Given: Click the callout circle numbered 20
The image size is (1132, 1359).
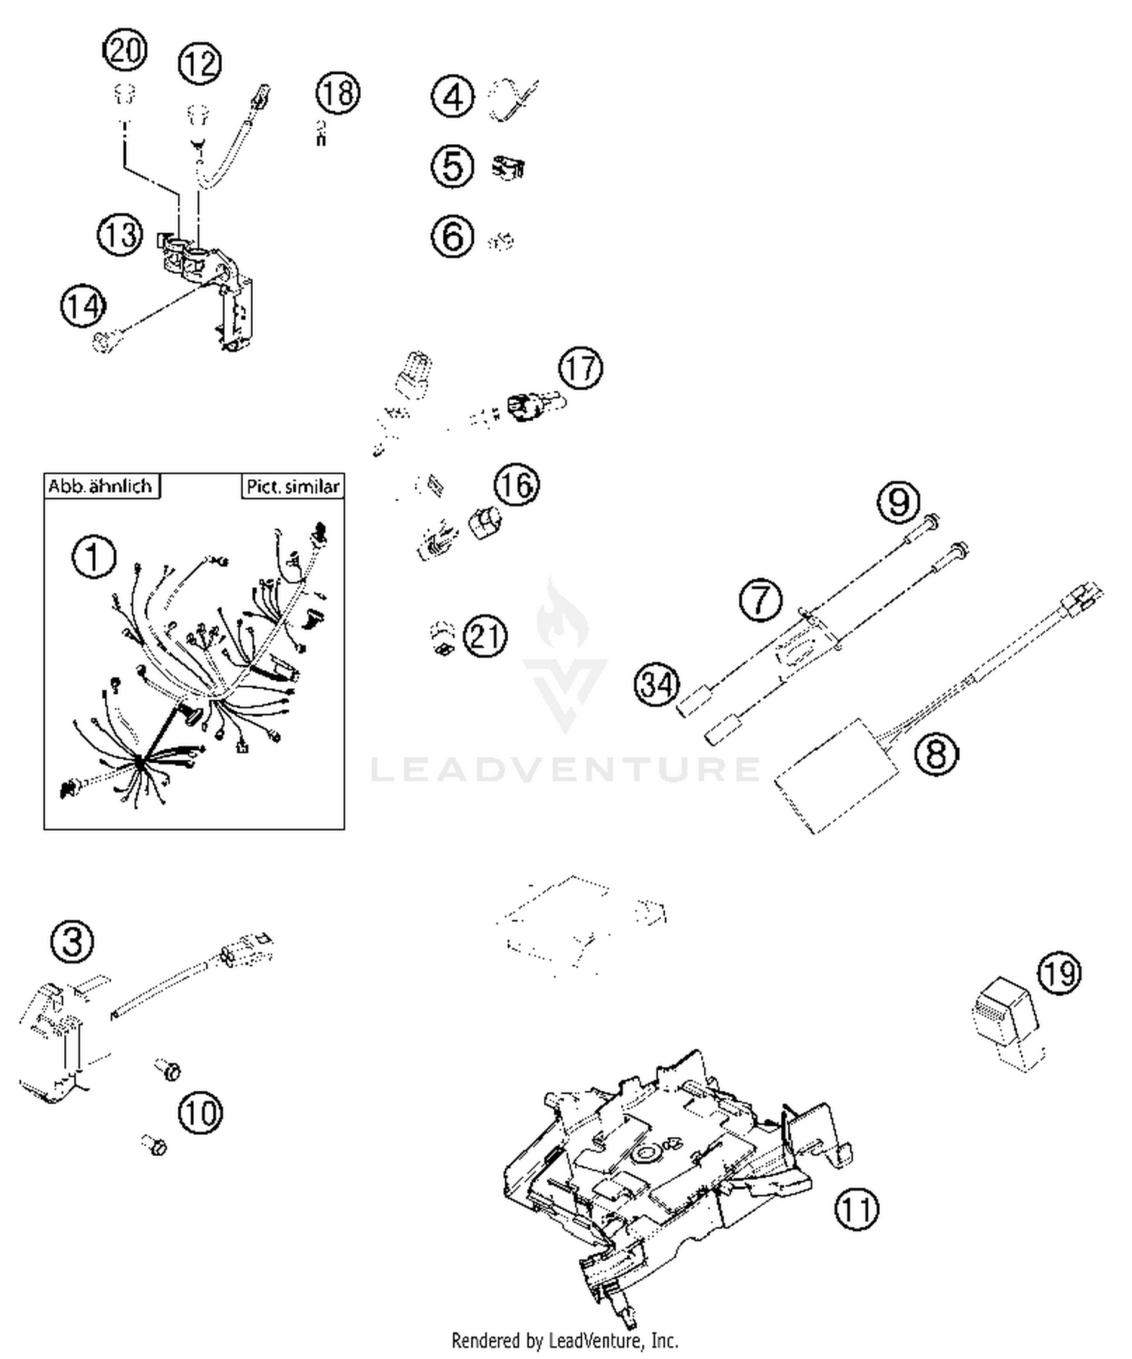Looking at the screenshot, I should [125, 51].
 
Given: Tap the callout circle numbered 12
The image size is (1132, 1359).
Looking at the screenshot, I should [200, 64].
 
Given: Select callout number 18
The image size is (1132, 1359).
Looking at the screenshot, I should [337, 94].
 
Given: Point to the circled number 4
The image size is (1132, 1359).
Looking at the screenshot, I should [453, 97].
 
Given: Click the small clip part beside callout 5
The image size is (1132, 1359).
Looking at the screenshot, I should [509, 167].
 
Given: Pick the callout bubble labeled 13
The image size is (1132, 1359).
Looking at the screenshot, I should [120, 235].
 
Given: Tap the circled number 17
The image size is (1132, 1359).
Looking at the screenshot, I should [580, 368].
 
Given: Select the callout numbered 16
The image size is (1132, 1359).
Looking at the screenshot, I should [517, 484].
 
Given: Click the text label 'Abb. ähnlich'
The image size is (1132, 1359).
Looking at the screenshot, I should [101, 486].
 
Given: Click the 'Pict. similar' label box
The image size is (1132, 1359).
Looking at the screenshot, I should [293, 487].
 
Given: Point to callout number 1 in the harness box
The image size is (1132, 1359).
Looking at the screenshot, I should [94, 558].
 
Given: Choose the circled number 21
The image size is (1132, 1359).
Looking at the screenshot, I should [484, 635].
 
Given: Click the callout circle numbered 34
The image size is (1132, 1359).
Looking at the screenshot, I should [657, 684].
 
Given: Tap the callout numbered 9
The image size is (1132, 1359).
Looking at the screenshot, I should [899, 502].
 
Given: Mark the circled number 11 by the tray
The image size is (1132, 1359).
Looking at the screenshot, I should [857, 1209].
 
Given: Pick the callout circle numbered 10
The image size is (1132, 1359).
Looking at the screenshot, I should [201, 1112].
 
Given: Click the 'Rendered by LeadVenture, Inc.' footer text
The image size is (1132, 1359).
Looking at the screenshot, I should [564, 1341].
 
